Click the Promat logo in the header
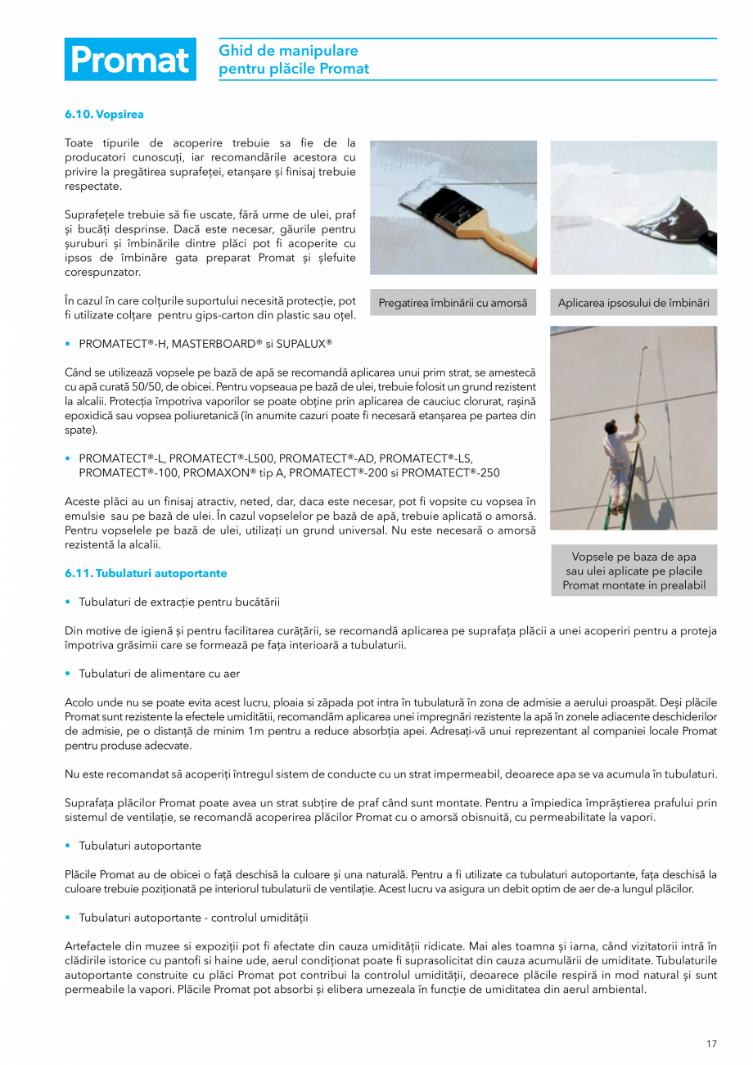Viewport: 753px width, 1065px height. pos(130,60)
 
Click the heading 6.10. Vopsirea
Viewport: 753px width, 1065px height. pos(104,115)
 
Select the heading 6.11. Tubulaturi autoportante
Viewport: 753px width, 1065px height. pos(146,573)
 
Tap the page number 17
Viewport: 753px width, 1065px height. pos(711,1043)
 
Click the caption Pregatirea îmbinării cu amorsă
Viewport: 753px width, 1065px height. pos(453,303)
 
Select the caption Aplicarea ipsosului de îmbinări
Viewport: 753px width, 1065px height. pos(634,303)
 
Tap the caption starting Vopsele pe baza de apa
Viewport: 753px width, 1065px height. pos(634,571)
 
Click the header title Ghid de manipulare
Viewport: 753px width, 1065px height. pos(288,51)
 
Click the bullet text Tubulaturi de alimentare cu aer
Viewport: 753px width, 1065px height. pos(159,673)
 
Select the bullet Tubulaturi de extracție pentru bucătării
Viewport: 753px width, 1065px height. pos(179,602)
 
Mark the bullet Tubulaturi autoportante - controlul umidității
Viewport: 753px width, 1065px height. pos(193,917)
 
